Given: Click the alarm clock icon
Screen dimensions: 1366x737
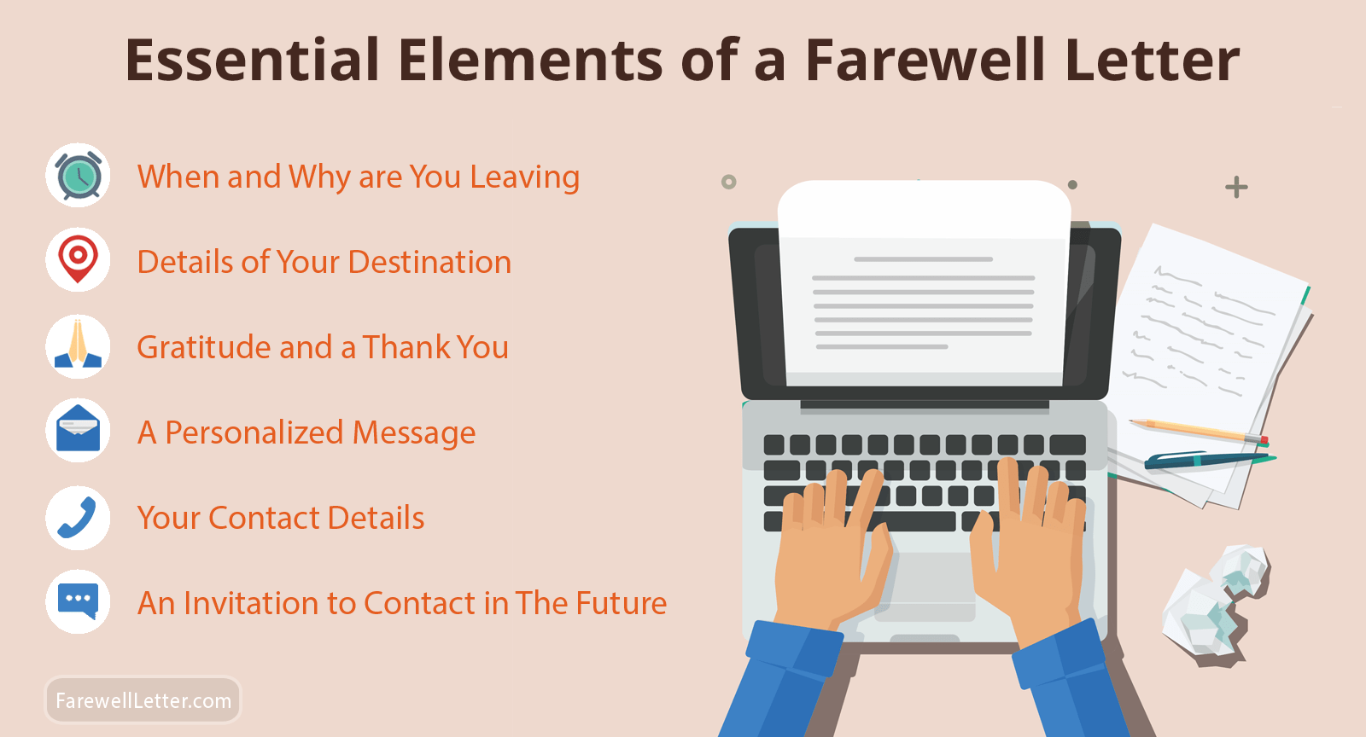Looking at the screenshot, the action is pyautogui.click(x=78, y=176).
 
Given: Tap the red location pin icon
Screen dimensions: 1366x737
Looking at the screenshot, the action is pyautogui.click(x=78, y=258).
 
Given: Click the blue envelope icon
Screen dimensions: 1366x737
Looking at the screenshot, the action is pyautogui.click(x=78, y=429).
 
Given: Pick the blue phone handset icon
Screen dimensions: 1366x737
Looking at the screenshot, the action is pyautogui.click(x=77, y=518).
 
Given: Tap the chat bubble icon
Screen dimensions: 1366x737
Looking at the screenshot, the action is pyautogui.click(x=78, y=601).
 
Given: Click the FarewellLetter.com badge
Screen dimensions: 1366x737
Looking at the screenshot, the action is pyautogui.click(x=143, y=700).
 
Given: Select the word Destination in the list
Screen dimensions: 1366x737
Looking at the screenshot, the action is pyautogui.click(x=429, y=262).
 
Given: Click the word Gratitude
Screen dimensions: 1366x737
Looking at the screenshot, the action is pyautogui.click(x=204, y=347).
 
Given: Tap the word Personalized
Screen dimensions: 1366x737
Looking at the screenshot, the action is pyautogui.click(x=255, y=432).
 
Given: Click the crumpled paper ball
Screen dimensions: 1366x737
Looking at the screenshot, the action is pyautogui.click(x=1217, y=603).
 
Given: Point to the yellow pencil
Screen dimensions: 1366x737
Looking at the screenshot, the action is pyautogui.click(x=1198, y=432).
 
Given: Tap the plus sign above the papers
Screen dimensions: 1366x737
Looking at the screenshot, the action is pyautogui.click(x=1236, y=187).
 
